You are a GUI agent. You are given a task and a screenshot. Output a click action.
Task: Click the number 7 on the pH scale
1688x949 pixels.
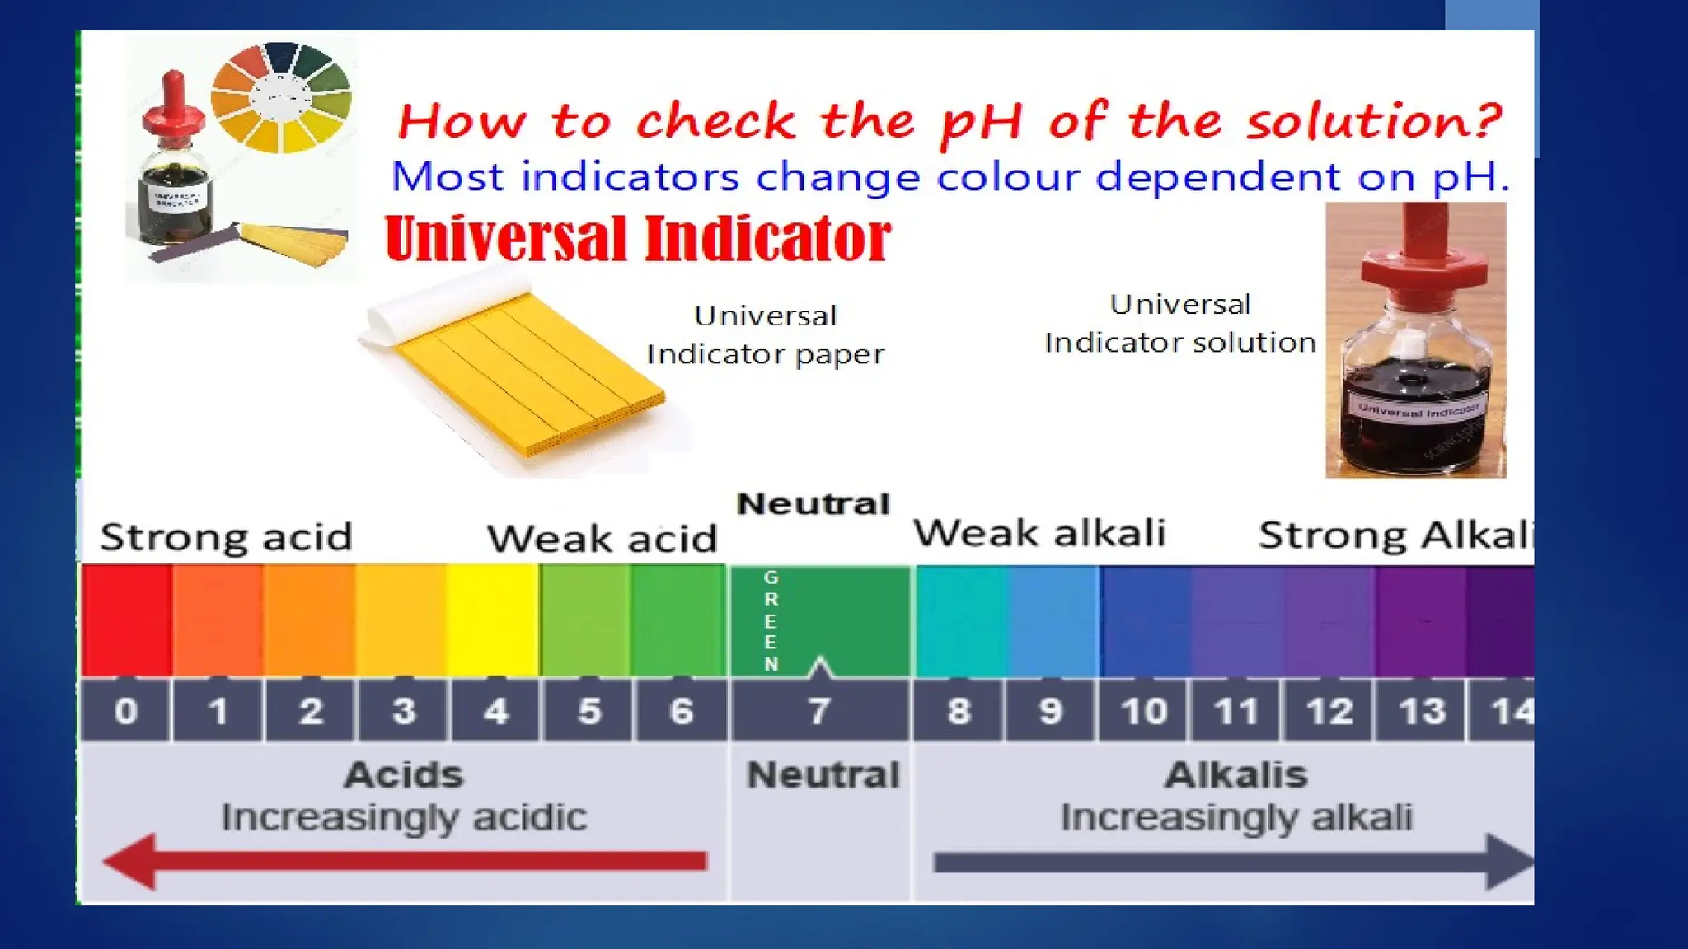pyautogui.click(x=818, y=711)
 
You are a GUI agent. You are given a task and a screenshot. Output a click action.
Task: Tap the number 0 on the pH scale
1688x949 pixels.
pyautogui.click(x=126, y=711)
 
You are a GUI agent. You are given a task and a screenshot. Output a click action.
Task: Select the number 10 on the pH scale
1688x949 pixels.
pyautogui.click(x=1144, y=711)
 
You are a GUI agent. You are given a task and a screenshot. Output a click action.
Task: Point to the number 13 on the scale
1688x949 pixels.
pyautogui.click(x=1422, y=711)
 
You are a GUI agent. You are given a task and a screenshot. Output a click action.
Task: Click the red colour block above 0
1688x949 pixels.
pyautogui.click(x=126, y=619)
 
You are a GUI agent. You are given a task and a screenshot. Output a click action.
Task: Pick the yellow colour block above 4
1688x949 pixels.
pyautogui.click(x=493, y=619)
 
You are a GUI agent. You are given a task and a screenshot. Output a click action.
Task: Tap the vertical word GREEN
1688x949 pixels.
pyautogui.click(x=771, y=620)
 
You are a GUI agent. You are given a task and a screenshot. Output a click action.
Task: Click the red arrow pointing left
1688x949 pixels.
pyautogui.click(x=404, y=861)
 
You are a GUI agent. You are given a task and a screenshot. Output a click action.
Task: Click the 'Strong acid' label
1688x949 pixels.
pyautogui.click(x=227, y=537)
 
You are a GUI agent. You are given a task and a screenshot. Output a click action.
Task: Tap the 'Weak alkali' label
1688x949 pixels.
pyautogui.click(x=1039, y=533)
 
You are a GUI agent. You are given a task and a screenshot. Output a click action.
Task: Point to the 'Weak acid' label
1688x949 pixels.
pyautogui.click(x=602, y=539)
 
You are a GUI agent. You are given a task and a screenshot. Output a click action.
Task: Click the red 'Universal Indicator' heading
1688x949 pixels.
pyautogui.click(x=638, y=239)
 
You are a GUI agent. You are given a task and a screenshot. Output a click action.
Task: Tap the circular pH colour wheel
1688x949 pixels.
pyautogui.click(x=281, y=98)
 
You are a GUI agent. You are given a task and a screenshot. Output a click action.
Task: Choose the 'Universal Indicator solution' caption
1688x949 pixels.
pyautogui.click(x=1180, y=323)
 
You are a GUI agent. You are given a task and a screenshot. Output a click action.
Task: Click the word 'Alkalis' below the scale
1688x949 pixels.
pyautogui.click(x=1236, y=775)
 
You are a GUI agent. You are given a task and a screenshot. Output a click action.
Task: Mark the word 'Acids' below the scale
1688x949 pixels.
pyautogui.click(x=404, y=775)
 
